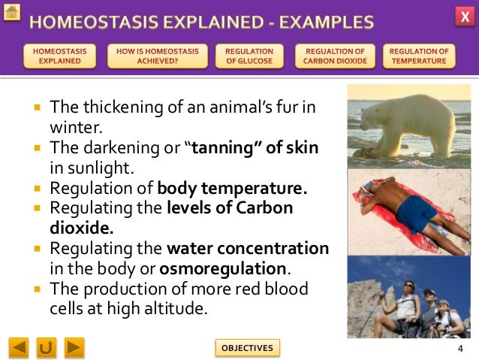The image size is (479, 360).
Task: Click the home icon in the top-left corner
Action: tap(11, 12)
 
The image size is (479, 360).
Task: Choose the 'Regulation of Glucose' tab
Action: tap(249, 56)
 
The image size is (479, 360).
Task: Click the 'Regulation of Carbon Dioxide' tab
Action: tap(335, 56)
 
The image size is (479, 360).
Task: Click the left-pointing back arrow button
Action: tap(19, 347)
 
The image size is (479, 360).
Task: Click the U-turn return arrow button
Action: tap(47, 347)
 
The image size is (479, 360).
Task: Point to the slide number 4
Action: tap(459, 348)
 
